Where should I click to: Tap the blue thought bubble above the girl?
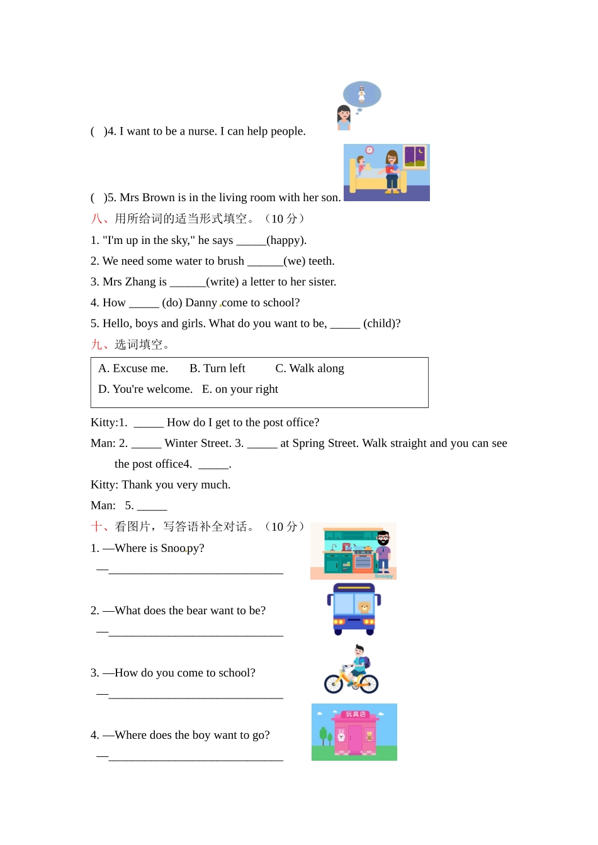point(362,94)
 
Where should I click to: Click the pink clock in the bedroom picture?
point(370,150)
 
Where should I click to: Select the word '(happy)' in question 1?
point(286,240)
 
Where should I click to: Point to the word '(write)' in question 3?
point(222,282)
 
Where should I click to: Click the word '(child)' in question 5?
point(381,323)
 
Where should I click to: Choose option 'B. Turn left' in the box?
point(217,368)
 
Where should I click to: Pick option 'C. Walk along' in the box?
point(310,368)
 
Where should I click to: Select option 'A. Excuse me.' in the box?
point(133,368)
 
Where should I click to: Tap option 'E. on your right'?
point(240,389)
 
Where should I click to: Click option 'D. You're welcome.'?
point(145,389)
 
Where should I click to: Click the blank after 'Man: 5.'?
point(152,506)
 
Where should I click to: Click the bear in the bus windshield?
point(364,607)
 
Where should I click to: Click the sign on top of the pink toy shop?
point(356,714)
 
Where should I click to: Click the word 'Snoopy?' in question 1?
point(183,548)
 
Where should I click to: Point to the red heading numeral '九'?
point(96,345)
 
